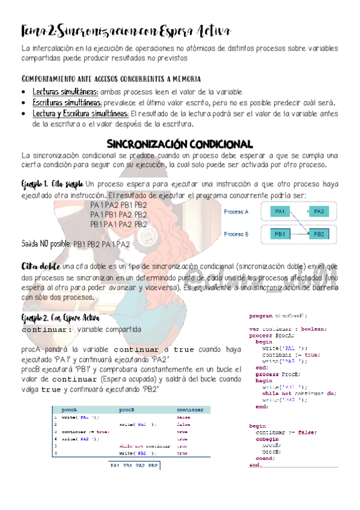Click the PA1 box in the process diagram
coord(281,211)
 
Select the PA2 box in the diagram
coord(319,211)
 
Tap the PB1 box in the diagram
coord(281,233)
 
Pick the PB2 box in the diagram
coord(319,233)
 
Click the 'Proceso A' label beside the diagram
coord(236,211)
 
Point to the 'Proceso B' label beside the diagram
coord(236,233)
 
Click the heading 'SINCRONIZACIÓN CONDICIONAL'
coord(178,144)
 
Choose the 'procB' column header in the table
coord(126,410)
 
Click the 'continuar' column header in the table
coord(190,410)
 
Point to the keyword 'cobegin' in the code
coord(265,438)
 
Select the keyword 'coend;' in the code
coord(265,458)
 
